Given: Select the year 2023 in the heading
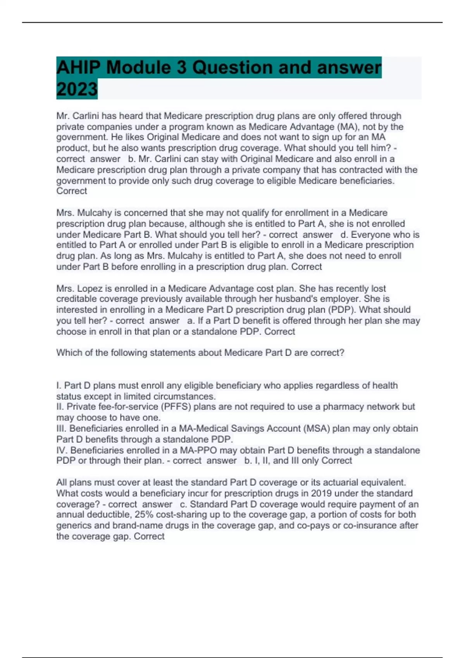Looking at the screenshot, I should [77, 89].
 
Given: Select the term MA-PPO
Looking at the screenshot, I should [199, 450].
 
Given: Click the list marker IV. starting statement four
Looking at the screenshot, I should [62, 450].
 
